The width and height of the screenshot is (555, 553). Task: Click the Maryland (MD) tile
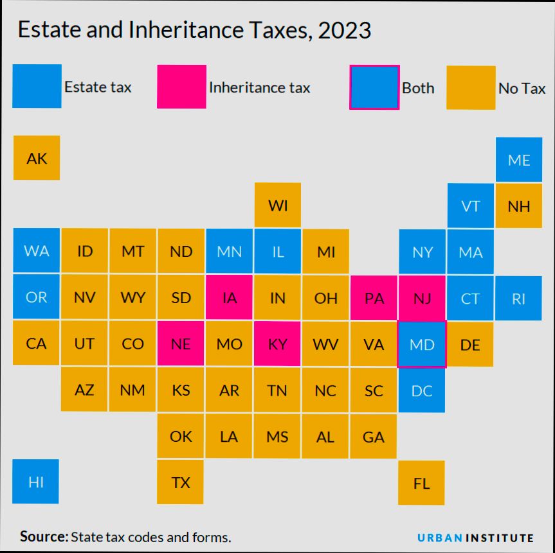pyautogui.click(x=422, y=344)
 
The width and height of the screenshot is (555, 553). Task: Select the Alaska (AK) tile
pyautogui.click(x=37, y=158)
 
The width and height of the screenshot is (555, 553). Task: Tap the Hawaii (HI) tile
pyautogui.click(x=36, y=482)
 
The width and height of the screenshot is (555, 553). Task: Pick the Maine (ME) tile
pyautogui.click(x=518, y=159)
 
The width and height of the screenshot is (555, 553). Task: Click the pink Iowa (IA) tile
pyautogui.click(x=229, y=298)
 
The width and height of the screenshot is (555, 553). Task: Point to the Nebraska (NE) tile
pyautogui.click(x=181, y=344)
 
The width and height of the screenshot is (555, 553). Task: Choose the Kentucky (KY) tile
pyautogui.click(x=277, y=344)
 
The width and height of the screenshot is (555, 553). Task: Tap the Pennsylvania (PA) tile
pyautogui.click(x=374, y=298)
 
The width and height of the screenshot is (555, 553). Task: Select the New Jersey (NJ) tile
pyautogui.click(x=422, y=298)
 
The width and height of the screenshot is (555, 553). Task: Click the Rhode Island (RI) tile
pyautogui.click(x=518, y=298)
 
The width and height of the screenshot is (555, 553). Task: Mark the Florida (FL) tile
pyautogui.click(x=421, y=483)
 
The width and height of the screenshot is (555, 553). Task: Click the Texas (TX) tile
pyautogui.click(x=181, y=482)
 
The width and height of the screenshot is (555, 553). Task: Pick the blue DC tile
pyautogui.click(x=422, y=390)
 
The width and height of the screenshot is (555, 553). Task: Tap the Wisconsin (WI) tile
pyautogui.click(x=277, y=206)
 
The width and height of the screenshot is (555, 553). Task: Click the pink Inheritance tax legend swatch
pyautogui.click(x=182, y=87)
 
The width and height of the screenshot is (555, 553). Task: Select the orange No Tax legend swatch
pyautogui.click(x=471, y=87)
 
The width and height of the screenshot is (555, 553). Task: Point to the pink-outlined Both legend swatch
pyautogui.click(x=374, y=87)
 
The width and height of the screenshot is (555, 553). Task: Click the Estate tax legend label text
pyautogui.click(x=98, y=87)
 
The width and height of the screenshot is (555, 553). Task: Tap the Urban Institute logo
pyautogui.click(x=475, y=538)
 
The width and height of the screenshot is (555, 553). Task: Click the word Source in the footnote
pyautogui.click(x=44, y=536)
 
